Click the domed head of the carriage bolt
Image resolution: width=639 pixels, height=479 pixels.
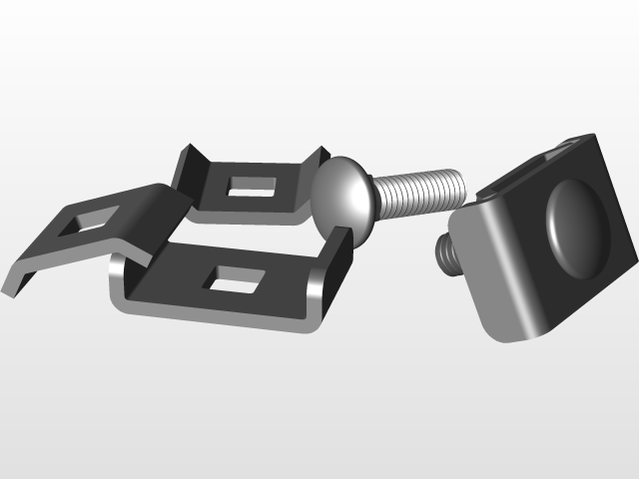pos(341,193)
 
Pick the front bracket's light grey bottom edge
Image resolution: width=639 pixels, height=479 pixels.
pos(220,320)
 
